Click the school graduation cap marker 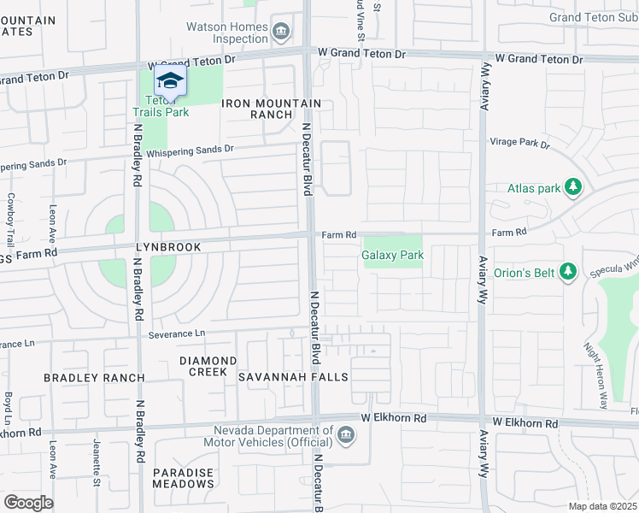(170, 81)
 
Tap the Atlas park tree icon (575, 187)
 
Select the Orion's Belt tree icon (567, 273)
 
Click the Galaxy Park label (393, 255)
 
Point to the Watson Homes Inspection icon (281, 31)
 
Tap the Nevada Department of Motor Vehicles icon (346, 436)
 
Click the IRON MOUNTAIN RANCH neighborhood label (271, 109)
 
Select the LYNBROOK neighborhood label (168, 247)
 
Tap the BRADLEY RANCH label (94, 377)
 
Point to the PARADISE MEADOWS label (184, 478)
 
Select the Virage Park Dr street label (519, 143)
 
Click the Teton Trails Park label (161, 105)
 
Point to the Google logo (28, 503)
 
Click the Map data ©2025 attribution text (602, 506)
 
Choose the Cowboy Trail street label (11, 219)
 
